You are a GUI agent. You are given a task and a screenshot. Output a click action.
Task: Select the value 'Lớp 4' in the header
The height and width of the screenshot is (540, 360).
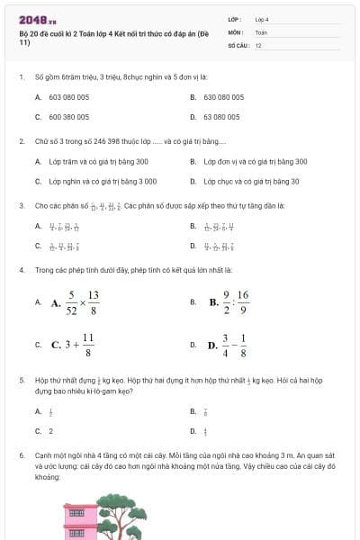[262, 18]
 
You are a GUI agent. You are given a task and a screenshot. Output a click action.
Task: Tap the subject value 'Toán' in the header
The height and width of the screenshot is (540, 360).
[261, 31]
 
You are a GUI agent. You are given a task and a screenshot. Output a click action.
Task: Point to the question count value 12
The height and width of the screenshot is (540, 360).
[258, 44]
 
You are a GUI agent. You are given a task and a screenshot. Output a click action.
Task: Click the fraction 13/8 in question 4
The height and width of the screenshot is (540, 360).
[93, 303]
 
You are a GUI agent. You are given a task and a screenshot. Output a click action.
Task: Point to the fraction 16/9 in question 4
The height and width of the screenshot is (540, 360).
[242, 303]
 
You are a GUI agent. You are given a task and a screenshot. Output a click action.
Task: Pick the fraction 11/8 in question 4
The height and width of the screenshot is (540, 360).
[88, 345]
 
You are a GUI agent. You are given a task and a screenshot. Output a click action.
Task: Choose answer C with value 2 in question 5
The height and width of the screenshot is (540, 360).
[50, 431]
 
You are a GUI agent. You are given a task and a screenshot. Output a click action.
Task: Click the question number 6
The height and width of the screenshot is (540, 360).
[21, 456]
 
